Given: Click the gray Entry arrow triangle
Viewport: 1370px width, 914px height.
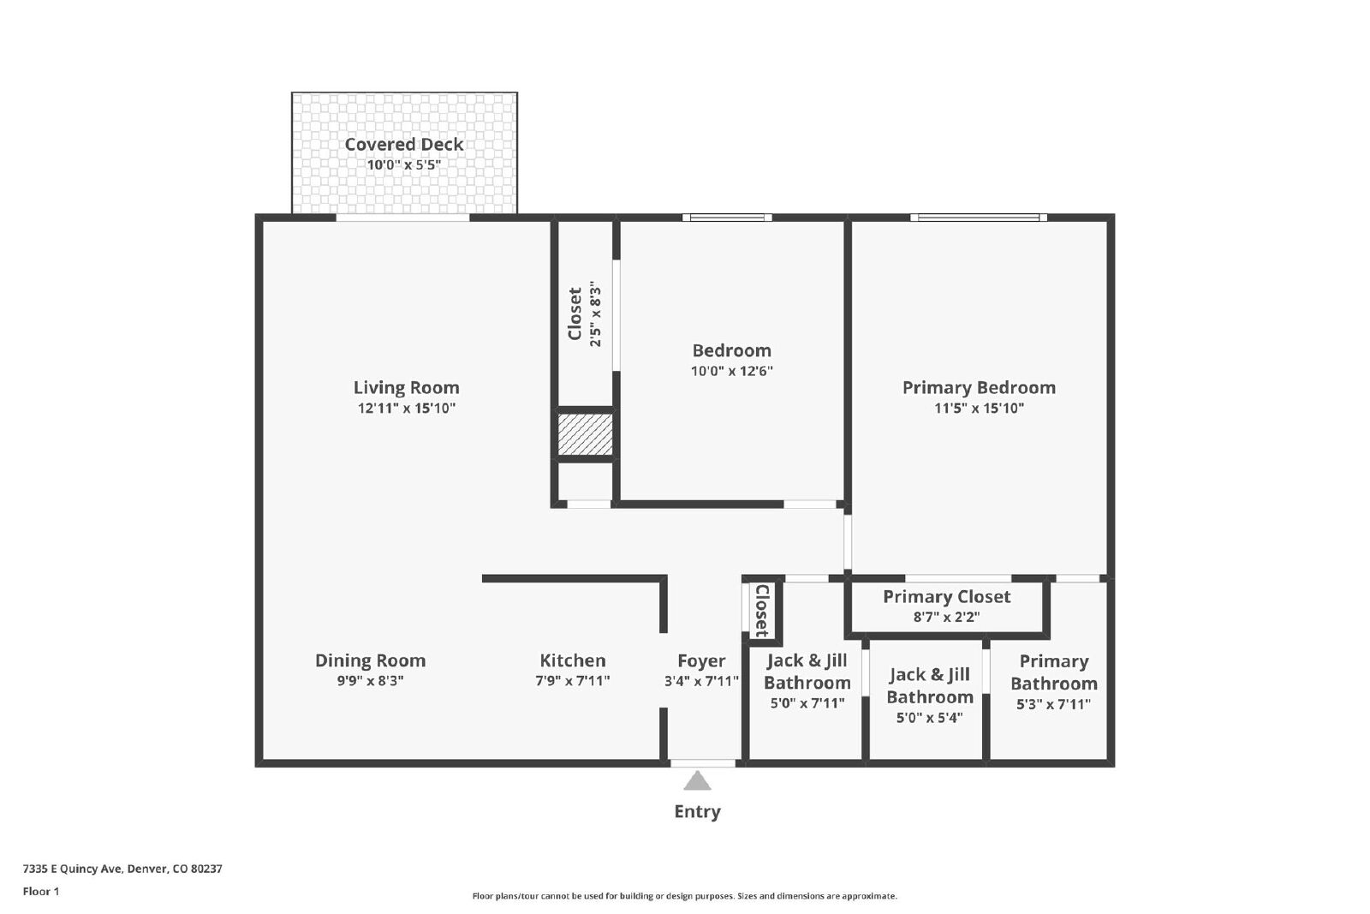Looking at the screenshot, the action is tap(697, 781).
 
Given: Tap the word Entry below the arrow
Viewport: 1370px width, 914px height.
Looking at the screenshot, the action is tap(697, 812).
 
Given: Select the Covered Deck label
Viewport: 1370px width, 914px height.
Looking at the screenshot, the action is tap(403, 145).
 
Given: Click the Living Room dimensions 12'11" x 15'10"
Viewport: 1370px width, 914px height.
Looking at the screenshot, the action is tap(407, 408).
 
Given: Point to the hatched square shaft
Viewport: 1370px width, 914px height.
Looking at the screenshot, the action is tap(585, 434).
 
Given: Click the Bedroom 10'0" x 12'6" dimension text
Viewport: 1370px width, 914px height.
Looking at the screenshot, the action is tap(732, 371).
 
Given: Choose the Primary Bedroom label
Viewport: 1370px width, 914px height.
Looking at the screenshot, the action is tap(980, 388).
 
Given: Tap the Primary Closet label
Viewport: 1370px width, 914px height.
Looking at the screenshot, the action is tap(947, 596).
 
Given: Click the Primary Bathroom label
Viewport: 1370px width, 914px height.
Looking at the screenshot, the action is tap(1054, 672).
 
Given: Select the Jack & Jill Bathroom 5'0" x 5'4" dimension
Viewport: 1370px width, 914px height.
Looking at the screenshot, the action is tap(930, 718).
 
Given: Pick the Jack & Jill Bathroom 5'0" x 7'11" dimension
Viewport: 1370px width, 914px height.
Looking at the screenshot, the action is tap(807, 703).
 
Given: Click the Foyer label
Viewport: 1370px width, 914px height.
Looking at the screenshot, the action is tap(701, 660).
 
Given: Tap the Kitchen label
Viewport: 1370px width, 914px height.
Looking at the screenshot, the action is tap(573, 660).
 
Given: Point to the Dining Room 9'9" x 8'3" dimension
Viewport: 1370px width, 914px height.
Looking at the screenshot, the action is tap(371, 681).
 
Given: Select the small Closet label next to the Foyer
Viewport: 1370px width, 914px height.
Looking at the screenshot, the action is tap(762, 611).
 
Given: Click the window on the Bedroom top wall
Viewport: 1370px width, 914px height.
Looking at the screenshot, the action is tap(727, 218).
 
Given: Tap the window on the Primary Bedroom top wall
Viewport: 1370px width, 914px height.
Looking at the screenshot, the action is tap(979, 218).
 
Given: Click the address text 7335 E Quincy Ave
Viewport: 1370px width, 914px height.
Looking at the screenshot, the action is tap(74, 869).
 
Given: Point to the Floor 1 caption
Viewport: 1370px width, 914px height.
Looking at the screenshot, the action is tap(41, 892).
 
